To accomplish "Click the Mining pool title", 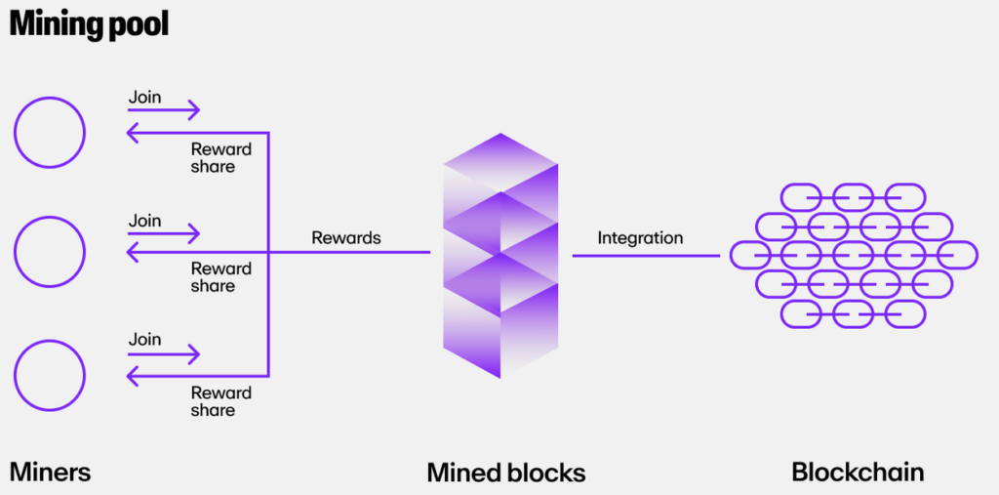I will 89,24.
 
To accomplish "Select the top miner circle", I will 49,131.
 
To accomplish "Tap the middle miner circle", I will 49,252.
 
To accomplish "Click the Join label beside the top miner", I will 145,98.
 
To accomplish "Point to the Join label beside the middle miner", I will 145,220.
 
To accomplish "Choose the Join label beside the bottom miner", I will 145,340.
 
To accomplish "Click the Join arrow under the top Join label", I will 164,110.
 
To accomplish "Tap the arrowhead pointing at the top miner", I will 134,133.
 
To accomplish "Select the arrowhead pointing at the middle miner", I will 134,254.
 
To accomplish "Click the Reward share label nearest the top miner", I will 220,158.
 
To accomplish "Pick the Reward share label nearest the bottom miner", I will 220,401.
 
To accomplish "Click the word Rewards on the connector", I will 346,237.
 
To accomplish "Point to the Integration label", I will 640,237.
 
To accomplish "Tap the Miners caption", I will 50,473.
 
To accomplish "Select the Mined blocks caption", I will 506,474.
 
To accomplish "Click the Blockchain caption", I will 858,473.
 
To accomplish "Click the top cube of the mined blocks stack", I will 499,161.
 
